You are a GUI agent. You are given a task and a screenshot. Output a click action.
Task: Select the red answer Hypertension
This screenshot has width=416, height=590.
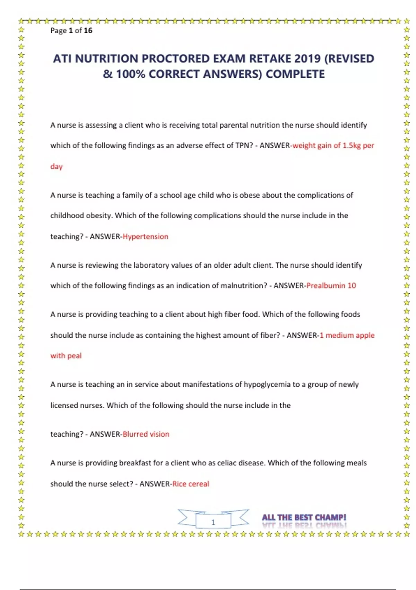145,237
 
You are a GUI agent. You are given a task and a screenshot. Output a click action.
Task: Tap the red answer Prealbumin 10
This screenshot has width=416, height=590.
331,286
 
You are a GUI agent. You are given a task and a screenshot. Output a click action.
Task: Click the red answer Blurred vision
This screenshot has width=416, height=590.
146,434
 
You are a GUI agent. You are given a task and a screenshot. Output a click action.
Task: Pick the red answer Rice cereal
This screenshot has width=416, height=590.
191,484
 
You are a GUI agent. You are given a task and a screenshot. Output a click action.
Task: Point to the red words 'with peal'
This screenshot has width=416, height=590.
66,356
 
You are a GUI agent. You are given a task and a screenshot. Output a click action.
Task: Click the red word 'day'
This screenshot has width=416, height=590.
56,167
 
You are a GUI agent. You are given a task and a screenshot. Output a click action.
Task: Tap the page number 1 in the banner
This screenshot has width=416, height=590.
213,522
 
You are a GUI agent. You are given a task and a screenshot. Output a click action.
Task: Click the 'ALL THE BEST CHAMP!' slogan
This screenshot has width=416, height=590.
304,517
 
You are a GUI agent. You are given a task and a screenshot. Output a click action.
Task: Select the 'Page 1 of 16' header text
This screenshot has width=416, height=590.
71,31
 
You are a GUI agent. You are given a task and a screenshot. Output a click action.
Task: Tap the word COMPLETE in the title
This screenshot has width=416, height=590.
295,74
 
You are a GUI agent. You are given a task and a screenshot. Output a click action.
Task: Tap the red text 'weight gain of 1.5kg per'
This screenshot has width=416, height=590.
333,146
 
